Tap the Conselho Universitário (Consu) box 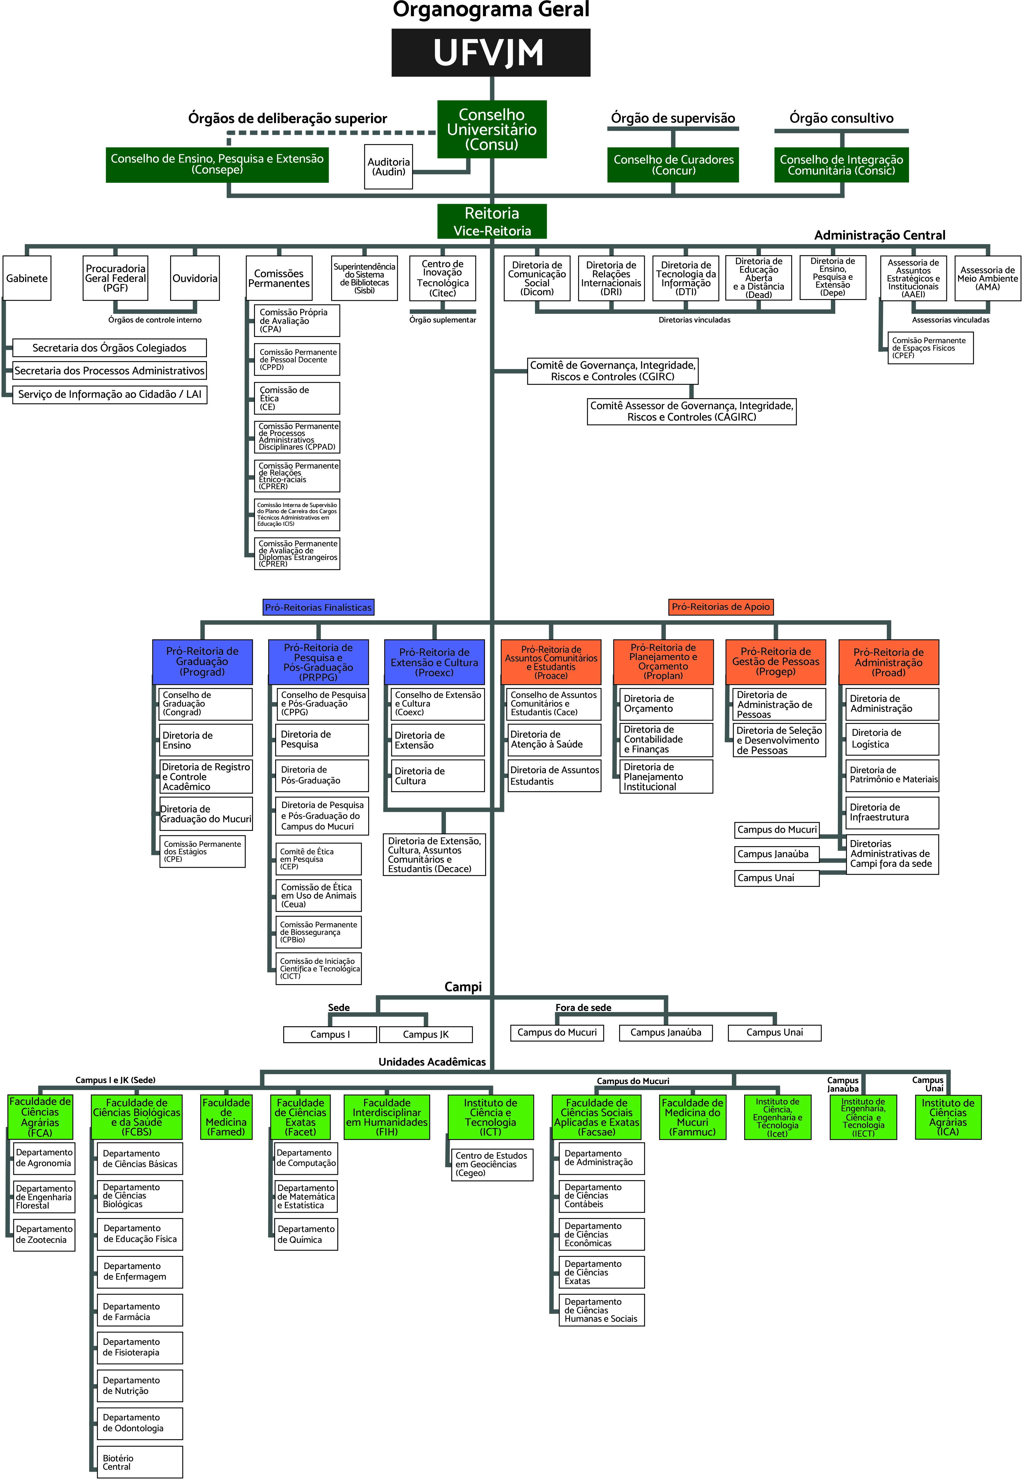coord(492,129)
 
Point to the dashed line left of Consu coord(333,133)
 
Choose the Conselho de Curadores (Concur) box coord(673,165)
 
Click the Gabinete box coord(27,278)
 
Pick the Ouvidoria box coord(195,278)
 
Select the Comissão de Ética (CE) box coord(297,398)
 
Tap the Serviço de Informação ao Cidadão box coord(110,394)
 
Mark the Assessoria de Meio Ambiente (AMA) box coord(987,278)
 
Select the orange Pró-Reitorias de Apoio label coord(721,606)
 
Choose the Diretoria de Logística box coord(892,739)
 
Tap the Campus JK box coord(426,1034)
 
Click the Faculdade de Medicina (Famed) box coord(226,1117)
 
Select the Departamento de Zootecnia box coord(43,1234)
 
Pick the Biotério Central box coord(140,1462)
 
